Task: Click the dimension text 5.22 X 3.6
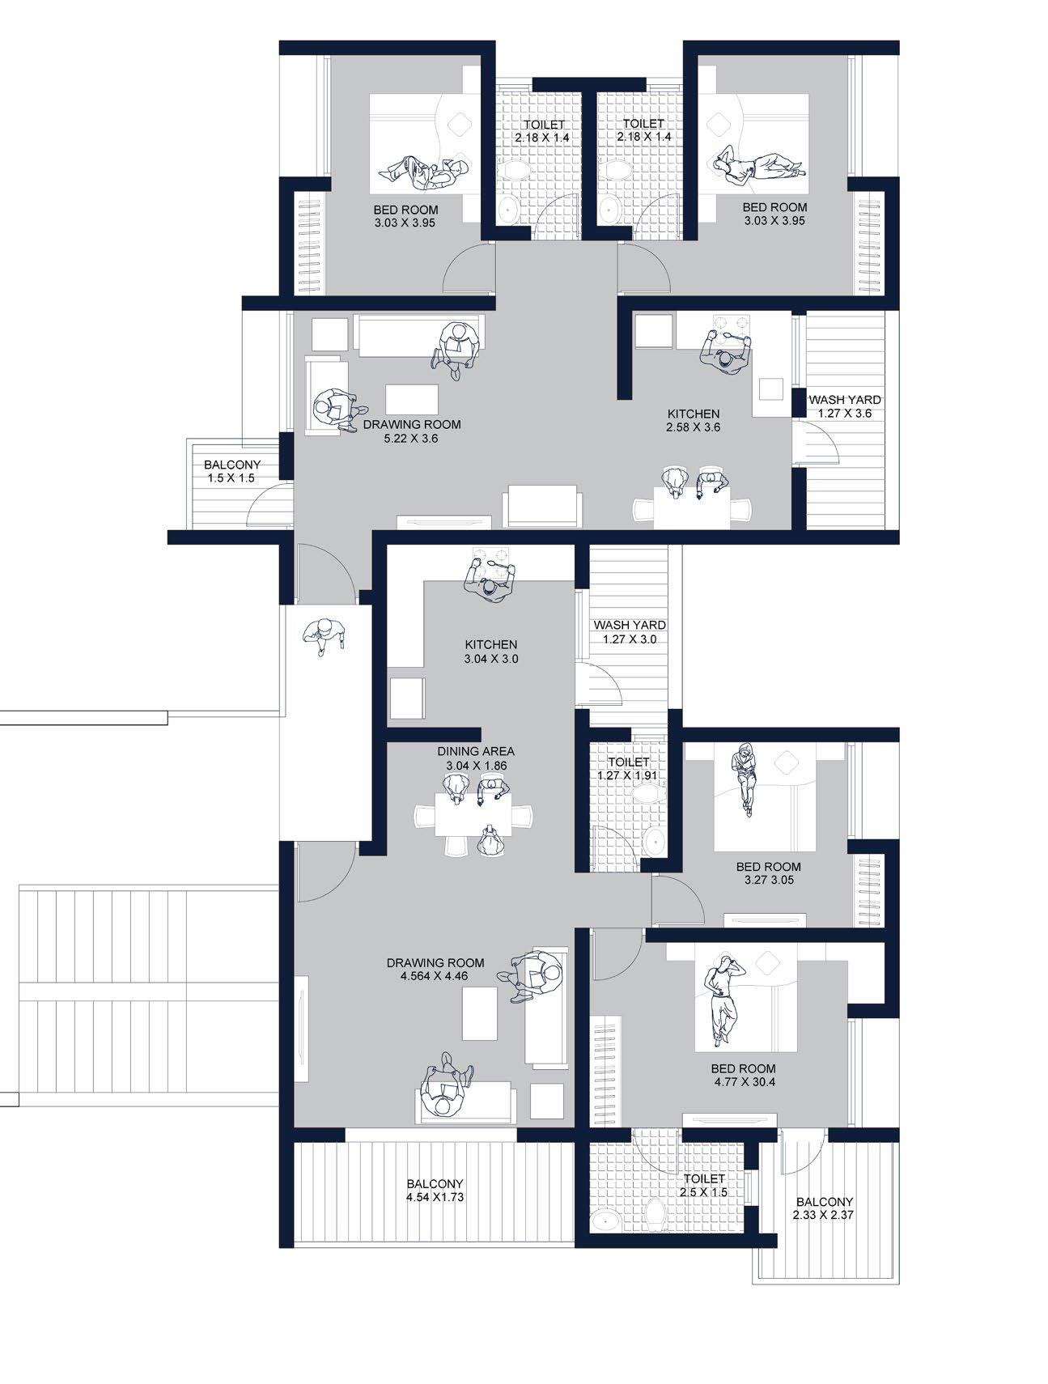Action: click(x=412, y=439)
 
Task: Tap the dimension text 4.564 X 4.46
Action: click(x=435, y=976)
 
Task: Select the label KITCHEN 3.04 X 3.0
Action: click(x=491, y=652)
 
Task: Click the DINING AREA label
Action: click(x=476, y=751)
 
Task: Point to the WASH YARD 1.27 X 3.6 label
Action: click(x=845, y=406)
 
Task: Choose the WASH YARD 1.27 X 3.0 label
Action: click(x=630, y=632)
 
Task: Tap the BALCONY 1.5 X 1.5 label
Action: click(x=232, y=472)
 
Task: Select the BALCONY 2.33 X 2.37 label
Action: click(x=824, y=1208)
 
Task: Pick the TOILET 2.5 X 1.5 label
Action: click(x=703, y=1186)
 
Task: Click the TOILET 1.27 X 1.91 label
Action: click(x=628, y=769)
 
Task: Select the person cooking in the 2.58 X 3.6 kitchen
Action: click(x=726, y=350)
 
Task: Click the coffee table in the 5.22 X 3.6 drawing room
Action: click(x=412, y=399)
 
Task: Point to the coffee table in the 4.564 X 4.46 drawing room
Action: click(x=479, y=1013)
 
